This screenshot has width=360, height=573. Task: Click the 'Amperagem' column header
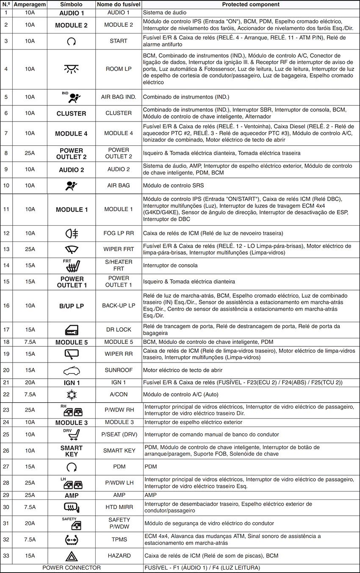point(30,4)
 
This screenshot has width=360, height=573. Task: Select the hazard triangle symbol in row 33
point(71,556)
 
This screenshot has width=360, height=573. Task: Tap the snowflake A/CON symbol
point(71,395)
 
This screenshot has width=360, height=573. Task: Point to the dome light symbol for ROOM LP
point(71,69)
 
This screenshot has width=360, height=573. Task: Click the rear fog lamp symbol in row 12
point(71,233)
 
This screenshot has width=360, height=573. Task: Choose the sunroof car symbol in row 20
point(71,370)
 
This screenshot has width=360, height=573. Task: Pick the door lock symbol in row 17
point(71,329)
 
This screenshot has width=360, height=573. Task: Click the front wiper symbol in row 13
point(71,249)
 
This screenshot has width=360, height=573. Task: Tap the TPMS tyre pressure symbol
point(71,540)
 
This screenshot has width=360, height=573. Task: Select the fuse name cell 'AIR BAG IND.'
point(119,97)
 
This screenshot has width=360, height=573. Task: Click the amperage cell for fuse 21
point(30,382)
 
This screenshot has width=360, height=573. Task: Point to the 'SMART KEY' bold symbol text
point(71,451)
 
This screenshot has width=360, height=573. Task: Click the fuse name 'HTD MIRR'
point(119,507)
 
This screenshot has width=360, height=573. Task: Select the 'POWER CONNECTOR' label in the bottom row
point(72,567)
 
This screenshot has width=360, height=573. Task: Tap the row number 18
point(6,342)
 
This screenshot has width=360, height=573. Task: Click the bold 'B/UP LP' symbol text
point(71,306)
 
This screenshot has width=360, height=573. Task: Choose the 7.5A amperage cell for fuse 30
point(30,507)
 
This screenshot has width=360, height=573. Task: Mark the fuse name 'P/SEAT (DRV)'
point(119,434)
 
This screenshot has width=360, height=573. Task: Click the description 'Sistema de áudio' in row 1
point(164,13)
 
